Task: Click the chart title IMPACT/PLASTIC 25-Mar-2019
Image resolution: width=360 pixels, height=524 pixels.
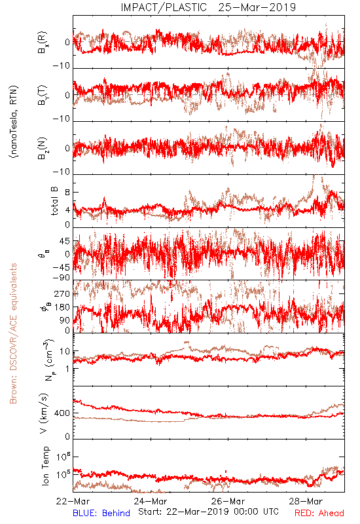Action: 208,7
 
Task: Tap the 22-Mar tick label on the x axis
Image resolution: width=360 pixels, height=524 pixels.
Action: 73,501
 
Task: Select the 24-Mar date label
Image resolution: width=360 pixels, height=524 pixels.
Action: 151,501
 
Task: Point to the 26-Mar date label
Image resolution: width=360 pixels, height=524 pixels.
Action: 228,501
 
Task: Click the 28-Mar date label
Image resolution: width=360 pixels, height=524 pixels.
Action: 306,501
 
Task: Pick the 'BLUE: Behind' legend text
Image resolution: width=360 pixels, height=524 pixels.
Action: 101,513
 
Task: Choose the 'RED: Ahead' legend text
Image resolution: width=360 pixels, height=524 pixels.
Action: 319,513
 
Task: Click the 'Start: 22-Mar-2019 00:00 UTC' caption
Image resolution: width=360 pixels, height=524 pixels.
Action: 208,512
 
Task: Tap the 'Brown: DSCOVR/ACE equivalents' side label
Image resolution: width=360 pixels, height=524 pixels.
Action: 13,333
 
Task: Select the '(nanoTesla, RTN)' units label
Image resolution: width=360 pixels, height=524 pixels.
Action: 14,122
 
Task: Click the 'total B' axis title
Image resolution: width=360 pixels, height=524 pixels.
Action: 54,200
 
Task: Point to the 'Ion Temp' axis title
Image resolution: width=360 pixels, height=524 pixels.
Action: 45,466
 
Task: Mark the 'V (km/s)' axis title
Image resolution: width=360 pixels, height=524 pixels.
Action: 44,413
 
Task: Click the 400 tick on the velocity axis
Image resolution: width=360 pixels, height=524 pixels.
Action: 62,413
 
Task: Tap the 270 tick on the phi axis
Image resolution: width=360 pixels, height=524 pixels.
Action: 62,293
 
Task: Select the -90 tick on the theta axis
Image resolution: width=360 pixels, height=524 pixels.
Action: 62,278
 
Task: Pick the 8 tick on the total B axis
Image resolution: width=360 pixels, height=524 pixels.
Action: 67,193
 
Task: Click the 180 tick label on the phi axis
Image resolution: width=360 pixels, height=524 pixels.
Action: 62,307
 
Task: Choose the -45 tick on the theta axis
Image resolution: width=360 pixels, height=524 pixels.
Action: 62,267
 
